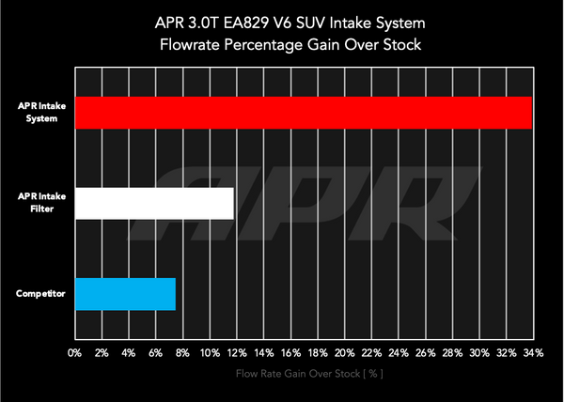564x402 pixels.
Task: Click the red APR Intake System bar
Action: [303, 113]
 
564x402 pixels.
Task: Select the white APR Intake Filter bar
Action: [153, 204]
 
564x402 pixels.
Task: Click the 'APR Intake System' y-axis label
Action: [40, 113]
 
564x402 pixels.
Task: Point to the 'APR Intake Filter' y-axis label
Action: [40, 203]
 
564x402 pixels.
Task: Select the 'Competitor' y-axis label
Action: [40, 294]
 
